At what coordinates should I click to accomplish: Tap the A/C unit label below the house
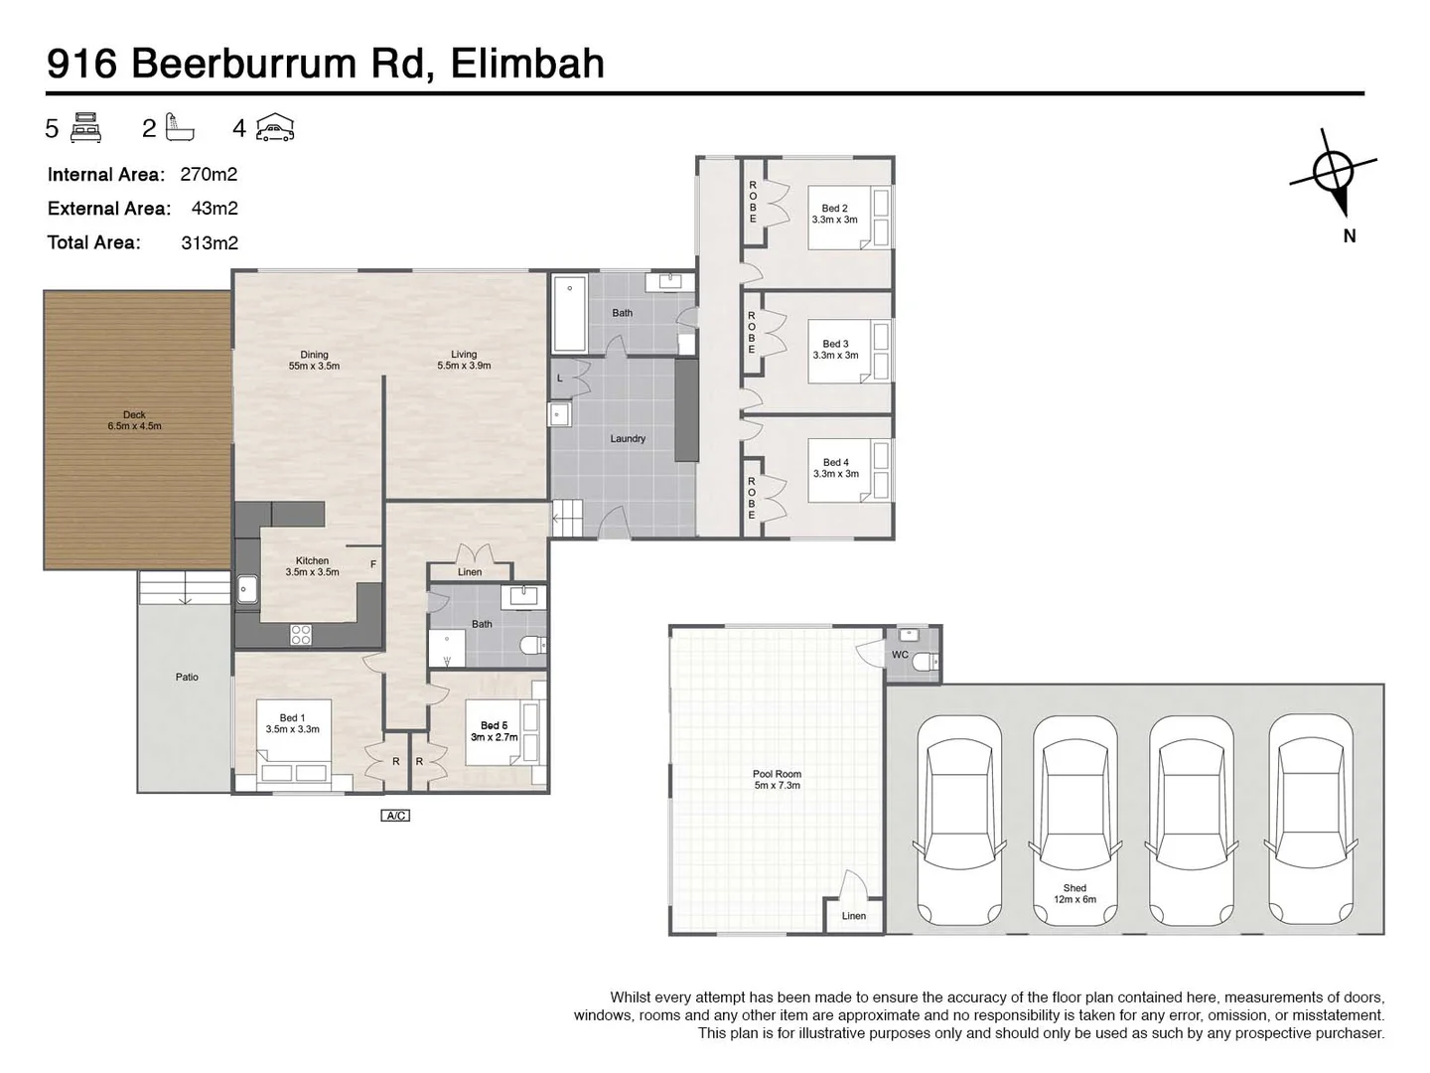click(394, 816)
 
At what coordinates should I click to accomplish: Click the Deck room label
click(134, 420)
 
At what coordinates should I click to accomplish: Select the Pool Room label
click(777, 779)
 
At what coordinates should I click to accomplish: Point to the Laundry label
click(628, 438)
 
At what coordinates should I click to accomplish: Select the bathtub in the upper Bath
click(570, 316)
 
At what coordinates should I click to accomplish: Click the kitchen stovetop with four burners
click(301, 634)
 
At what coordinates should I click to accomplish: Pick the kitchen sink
click(246, 591)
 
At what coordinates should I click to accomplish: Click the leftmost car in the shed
click(959, 820)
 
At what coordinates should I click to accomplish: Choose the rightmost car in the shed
click(1310, 820)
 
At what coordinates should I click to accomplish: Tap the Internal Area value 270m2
click(209, 175)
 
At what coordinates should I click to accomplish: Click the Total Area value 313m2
click(210, 242)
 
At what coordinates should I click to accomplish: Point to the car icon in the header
click(275, 128)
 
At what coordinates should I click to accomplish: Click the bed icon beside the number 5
click(87, 128)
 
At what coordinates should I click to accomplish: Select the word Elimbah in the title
click(527, 63)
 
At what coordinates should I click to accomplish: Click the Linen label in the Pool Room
click(854, 916)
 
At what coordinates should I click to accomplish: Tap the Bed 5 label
click(494, 731)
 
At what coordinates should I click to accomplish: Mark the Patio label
click(187, 677)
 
